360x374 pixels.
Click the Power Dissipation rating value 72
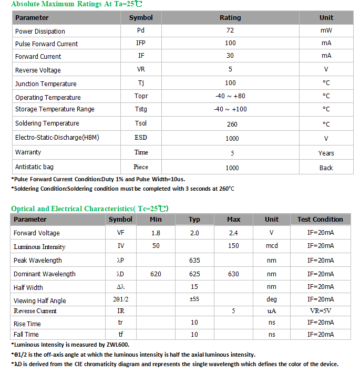(x=230, y=30)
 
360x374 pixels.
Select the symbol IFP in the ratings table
(x=141, y=43)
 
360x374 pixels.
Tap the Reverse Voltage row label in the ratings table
(x=38, y=70)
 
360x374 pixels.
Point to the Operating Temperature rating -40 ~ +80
(x=230, y=96)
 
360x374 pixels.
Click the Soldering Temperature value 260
(x=232, y=124)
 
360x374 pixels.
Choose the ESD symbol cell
(x=141, y=138)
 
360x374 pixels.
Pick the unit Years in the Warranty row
(x=326, y=153)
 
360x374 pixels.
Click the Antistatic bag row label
(x=34, y=167)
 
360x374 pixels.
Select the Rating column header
(x=230, y=17)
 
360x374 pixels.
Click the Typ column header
(x=194, y=220)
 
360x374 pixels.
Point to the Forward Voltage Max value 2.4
(x=233, y=233)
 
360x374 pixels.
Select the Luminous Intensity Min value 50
(x=156, y=246)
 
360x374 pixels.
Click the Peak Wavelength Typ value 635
(x=194, y=260)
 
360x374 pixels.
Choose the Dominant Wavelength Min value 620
(x=156, y=274)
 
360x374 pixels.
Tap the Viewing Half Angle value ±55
(x=194, y=299)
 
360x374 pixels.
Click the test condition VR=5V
(x=321, y=310)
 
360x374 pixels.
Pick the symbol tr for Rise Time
(x=120, y=323)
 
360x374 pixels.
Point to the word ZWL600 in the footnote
(x=115, y=344)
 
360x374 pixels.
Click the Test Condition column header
(x=320, y=220)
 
